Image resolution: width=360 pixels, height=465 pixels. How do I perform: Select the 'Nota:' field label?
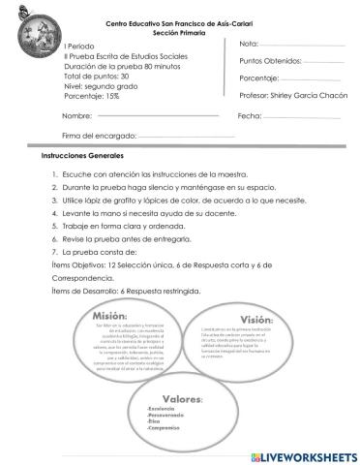point(249,45)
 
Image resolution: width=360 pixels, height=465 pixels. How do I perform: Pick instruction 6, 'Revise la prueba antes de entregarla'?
point(129,237)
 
